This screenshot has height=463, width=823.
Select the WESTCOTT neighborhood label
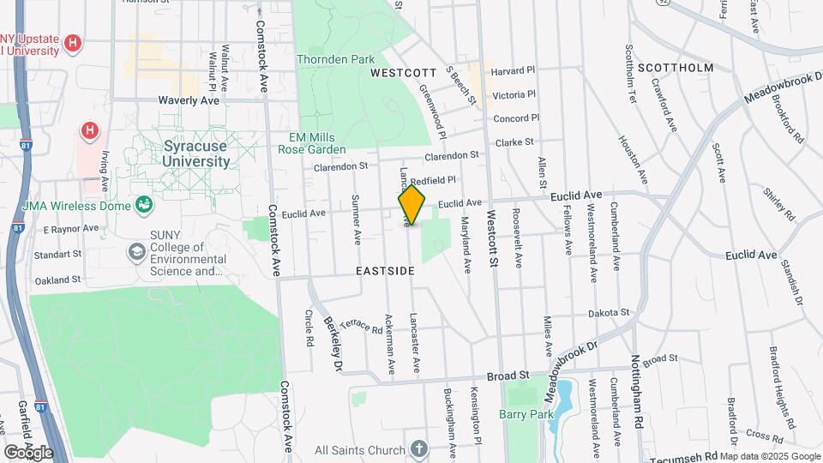[398, 74]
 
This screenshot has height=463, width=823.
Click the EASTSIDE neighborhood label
[385, 271]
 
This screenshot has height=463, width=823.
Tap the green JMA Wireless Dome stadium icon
[144, 205]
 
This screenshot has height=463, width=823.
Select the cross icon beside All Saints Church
[418, 449]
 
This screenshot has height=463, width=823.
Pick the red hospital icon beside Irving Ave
[87, 131]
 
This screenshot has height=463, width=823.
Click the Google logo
[28, 452]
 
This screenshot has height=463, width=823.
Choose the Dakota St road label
[610, 313]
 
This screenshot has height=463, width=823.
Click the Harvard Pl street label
[513, 70]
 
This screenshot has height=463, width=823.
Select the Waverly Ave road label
[189, 100]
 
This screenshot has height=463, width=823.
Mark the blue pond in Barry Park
[564, 406]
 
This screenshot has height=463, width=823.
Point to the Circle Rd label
[309, 328]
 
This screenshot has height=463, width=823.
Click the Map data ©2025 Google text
[770, 456]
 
